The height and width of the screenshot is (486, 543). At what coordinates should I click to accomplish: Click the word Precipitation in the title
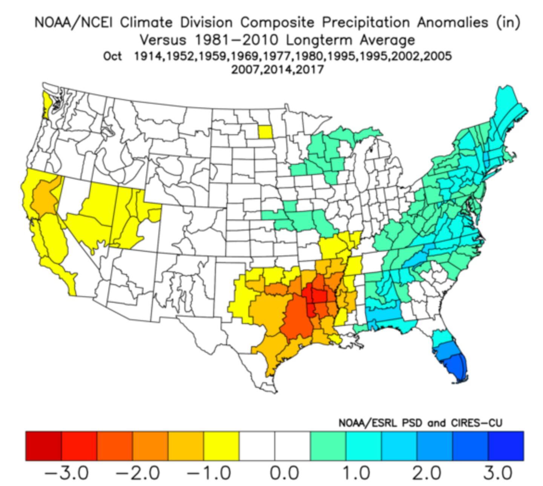coord(365,23)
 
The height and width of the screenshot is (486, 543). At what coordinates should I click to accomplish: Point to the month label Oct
coord(112,56)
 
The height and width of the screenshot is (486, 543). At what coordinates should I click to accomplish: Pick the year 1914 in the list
coord(149,56)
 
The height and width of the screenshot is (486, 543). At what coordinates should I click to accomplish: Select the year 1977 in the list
coord(277,56)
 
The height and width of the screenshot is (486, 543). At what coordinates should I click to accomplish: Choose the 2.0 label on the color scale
coord(426,473)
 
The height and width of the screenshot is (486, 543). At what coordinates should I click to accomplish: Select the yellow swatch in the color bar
coord(221,446)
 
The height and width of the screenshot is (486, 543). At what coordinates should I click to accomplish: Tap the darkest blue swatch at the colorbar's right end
coord(506,446)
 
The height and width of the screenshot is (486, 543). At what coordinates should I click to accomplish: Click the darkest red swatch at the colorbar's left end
coord(43,446)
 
